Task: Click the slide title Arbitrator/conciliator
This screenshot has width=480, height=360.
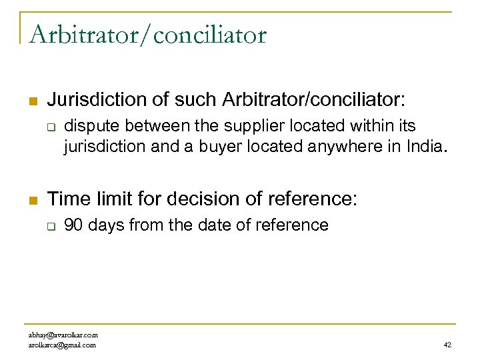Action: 147,34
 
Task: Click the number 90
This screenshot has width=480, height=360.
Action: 73,225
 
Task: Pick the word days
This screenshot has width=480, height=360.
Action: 106,225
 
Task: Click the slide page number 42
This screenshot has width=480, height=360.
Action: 447,345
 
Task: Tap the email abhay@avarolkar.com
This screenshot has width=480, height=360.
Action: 63,335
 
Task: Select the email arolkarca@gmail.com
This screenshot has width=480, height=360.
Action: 62,345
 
